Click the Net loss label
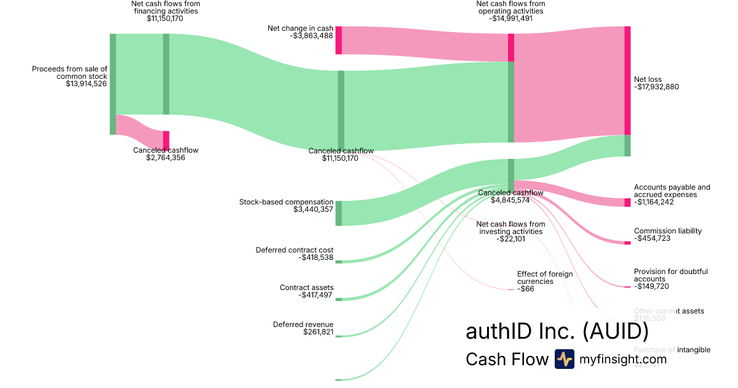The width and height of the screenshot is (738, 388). point(648,79)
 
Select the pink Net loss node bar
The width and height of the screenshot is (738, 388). point(627,80)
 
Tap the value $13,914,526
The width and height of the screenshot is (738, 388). point(86,84)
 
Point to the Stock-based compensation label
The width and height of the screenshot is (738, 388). point(286,202)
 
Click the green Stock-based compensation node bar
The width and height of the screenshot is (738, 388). point(338,213)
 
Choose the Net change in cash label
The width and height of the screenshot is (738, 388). point(300,28)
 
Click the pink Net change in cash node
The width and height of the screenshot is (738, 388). point(338,40)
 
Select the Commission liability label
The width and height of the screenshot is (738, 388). point(667,231)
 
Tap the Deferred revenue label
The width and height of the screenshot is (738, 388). point(303,325)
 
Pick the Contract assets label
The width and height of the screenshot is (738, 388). point(306,288)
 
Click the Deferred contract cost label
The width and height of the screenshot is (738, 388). point(294,250)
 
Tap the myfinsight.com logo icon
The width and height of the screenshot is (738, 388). point(564,359)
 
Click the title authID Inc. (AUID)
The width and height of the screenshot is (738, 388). point(557,331)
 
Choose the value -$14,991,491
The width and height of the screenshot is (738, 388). point(510,18)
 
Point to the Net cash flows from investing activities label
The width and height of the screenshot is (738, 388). point(510,228)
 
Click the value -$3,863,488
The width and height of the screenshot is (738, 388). point(311,36)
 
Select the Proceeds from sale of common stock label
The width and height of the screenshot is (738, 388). point(69,73)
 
